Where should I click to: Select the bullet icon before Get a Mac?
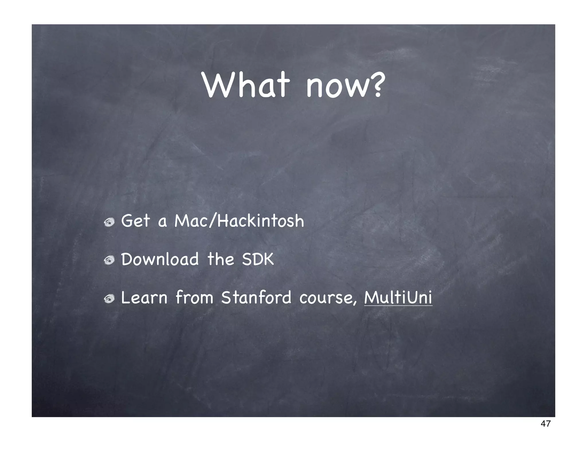pos(109,222)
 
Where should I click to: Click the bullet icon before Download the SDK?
pos(109,260)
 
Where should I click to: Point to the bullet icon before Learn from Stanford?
pos(109,299)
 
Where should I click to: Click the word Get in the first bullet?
pos(135,221)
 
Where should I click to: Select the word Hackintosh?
pos(260,221)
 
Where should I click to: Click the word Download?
pos(160,259)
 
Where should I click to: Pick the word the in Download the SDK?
pos(221,259)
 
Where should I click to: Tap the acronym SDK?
pos(258,259)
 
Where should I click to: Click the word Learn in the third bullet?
pos(144,298)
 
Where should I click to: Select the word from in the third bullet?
pos(194,298)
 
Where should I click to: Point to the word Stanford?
pos(256,298)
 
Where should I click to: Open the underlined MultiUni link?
pos(398,298)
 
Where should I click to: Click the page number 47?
pos(545,424)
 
